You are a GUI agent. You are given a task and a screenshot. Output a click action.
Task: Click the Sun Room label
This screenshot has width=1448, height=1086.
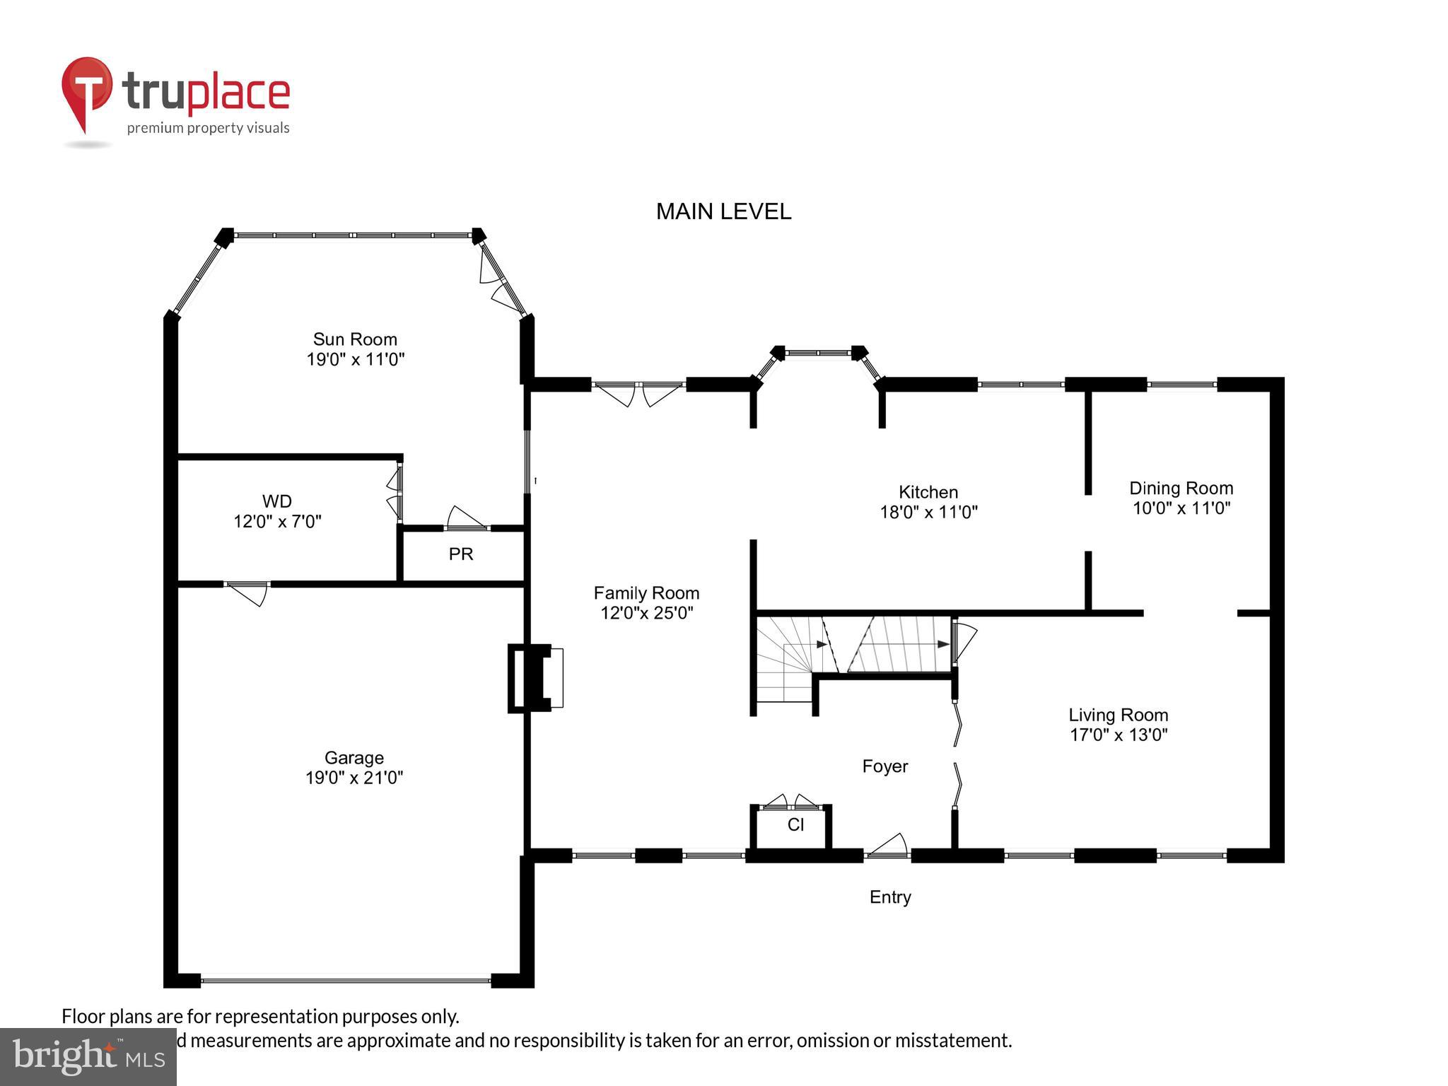tap(355, 339)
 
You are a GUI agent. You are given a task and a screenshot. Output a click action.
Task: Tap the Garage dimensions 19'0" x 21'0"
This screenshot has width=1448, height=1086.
tap(354, 778)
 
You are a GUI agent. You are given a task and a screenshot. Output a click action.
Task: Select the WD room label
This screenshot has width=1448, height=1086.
tap(276, 501)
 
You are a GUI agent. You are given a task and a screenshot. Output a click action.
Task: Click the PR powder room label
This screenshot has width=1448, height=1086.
tap(460, 554)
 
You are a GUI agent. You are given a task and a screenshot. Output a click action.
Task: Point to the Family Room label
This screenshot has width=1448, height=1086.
tap(646, 593)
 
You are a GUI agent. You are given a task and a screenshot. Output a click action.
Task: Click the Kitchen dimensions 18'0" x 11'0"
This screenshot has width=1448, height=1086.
tap(928, 512)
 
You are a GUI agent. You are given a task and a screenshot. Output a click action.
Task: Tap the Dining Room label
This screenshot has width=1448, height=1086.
tap(1180, 488)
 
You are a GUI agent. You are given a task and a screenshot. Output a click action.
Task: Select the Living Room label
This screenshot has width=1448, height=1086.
tap(1117, 715)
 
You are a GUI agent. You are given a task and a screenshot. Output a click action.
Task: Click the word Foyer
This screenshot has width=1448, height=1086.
tap(884, 766)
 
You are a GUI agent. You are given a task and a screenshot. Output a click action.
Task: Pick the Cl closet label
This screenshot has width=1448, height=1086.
tap(795, 824)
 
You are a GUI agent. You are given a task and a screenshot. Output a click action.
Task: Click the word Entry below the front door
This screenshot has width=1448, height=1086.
tap(889, 897)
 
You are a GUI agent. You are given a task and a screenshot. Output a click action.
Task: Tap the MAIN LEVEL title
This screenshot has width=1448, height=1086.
tap(723, 211)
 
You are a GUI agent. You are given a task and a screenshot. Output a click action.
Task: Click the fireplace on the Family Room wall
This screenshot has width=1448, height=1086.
tap(536, 677)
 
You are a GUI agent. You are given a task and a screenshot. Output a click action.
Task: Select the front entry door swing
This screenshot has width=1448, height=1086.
tap(887, 846)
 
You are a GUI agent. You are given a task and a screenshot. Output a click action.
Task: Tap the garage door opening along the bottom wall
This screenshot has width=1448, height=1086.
tap(345, 981)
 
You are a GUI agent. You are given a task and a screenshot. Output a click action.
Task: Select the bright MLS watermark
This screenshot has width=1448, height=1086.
tap(88, 1056)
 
